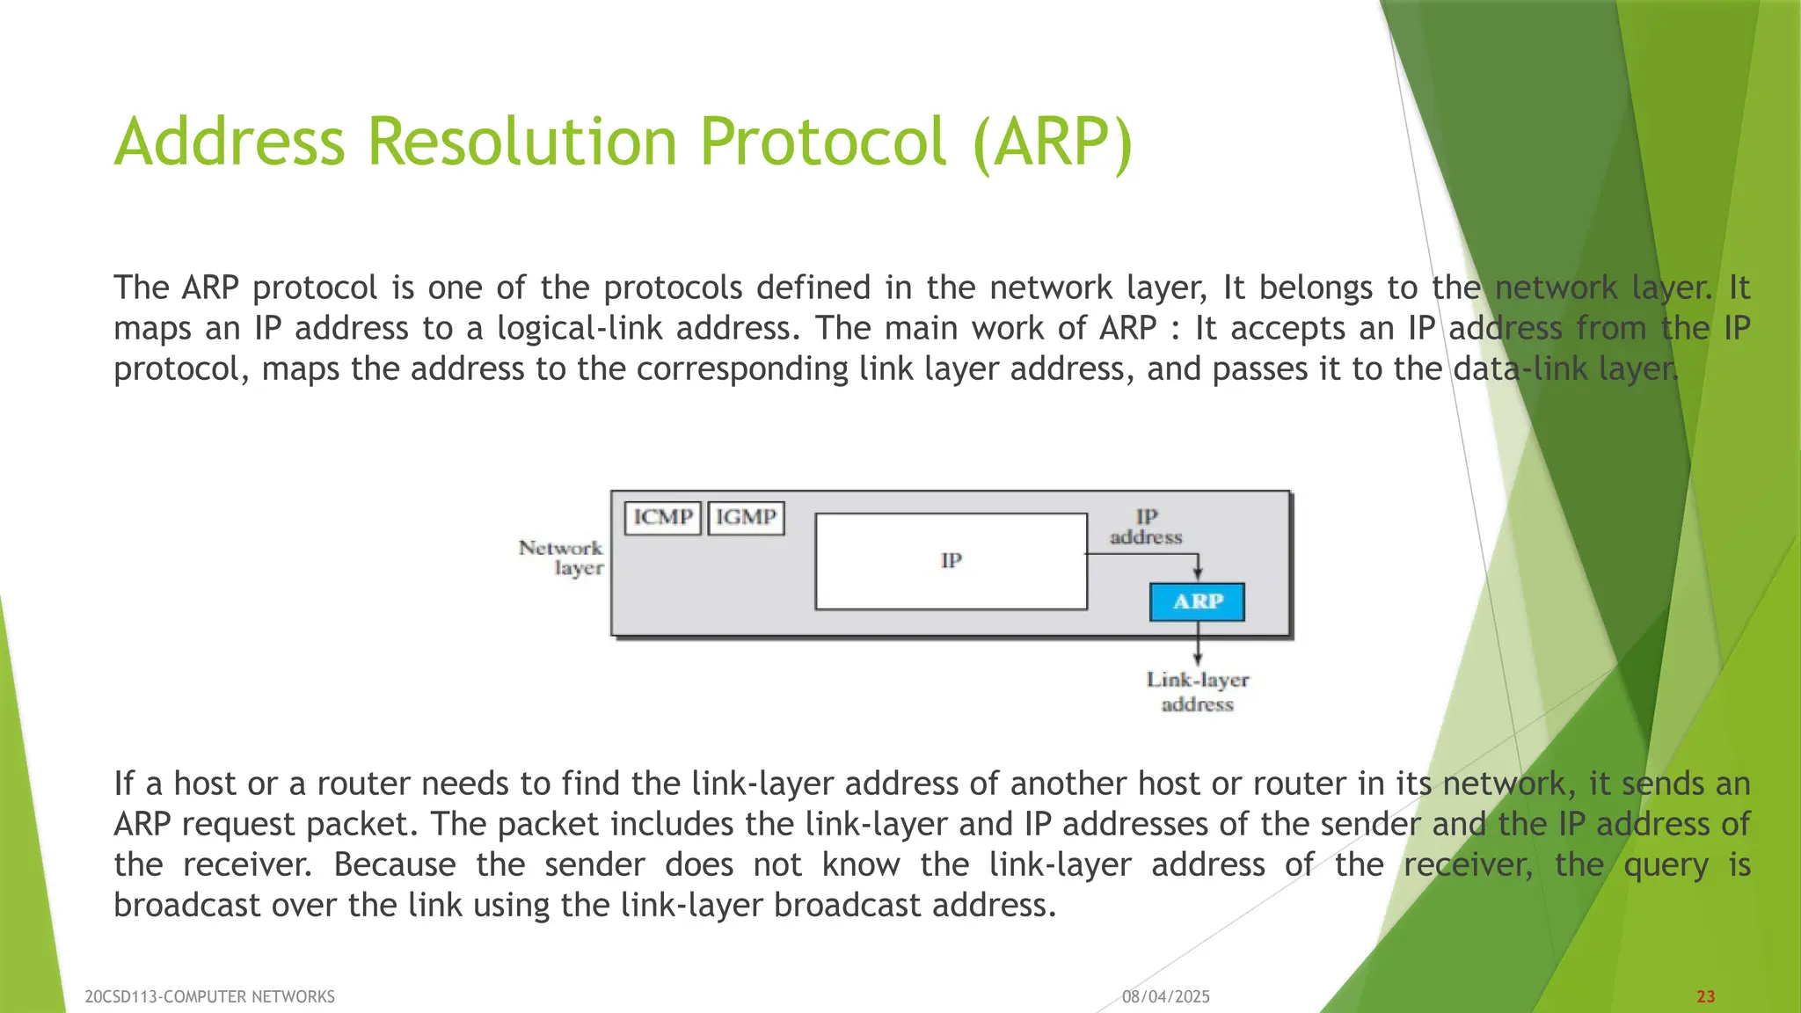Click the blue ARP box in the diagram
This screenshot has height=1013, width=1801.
[x=1197, y=602]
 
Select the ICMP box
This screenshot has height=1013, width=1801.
[x=663, y=518]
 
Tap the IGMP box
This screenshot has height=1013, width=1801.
[x=746, y=518]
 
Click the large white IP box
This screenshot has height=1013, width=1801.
[x=951, y=561]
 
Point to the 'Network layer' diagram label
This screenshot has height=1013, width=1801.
[x=562, y=558]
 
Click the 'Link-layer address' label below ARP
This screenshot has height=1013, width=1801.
[x=1197, y=692]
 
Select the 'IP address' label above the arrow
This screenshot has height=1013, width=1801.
[x=1146, y=527]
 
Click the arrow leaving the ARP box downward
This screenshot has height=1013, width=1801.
[x=1198, y=643]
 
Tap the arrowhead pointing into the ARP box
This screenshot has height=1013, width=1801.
[x=1198, y=573]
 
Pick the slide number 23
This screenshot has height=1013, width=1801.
[x=1705, y=996]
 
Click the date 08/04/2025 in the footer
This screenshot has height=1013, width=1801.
[x=1166, y=996]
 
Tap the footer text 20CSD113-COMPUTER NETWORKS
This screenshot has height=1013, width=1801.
[x=209, y=996]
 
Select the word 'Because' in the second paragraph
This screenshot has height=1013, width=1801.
[x=395, y=864]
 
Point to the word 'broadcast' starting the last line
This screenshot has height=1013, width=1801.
[x=187, y=905]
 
